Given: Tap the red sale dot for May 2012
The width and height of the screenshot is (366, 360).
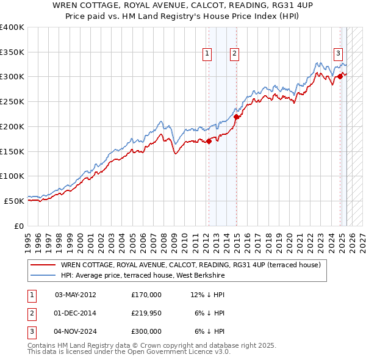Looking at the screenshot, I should (x=209, y=141).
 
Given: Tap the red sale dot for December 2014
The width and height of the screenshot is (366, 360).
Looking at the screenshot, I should (x=236, y=117).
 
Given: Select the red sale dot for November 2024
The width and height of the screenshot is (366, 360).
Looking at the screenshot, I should (x=340, y=76).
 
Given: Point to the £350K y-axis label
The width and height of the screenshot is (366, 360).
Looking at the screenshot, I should (x=12, y=52).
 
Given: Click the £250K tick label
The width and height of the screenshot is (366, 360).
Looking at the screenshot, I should (x=12, y=102).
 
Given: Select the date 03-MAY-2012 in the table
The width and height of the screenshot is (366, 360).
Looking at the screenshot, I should (x=75, y=294).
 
